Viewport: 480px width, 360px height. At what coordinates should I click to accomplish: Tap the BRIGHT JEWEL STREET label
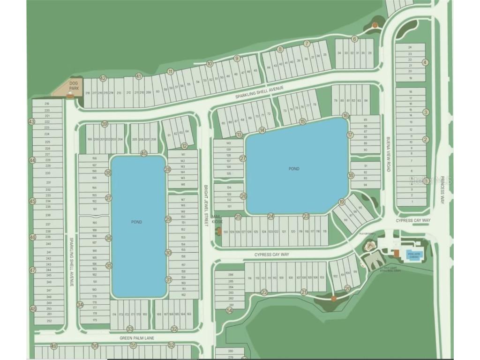click(205, 206)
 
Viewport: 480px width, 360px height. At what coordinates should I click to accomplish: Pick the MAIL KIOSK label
click(216, 219)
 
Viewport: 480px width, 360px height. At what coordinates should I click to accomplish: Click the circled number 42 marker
click(103, 78)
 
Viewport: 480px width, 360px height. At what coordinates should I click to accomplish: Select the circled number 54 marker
click(229, 310)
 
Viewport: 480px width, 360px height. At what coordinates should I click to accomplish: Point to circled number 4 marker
click(426, 62)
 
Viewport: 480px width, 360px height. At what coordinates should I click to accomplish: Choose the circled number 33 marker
click(130, 329)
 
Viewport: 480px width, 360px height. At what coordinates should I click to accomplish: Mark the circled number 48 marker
click(32, 309)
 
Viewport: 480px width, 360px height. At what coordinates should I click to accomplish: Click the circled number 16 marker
click(345, 115)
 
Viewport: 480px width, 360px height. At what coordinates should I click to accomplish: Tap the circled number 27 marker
click(243, 158)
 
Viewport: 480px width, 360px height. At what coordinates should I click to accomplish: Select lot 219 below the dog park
click(47, 104)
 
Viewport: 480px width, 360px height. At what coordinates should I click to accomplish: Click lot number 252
click(49, 321)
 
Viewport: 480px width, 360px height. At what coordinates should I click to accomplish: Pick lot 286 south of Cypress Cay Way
click(230, 275)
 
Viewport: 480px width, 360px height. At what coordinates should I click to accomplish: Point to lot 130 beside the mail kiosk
click(225, 232)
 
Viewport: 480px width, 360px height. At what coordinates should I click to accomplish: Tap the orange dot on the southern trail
click(333, 298)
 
